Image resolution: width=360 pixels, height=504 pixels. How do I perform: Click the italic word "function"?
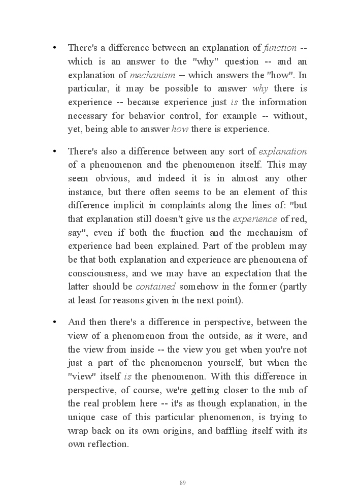pos(280,48)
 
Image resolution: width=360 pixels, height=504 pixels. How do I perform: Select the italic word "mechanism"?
pos(152,75)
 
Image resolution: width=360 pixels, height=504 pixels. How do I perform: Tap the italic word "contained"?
pos(155,287)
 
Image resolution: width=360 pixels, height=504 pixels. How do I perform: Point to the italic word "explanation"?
pos(282,151)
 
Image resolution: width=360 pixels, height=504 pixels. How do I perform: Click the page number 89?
pos(183,483)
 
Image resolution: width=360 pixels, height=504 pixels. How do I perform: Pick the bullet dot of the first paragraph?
pos(54,48)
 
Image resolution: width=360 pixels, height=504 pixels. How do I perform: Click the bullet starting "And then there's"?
pos(54,323)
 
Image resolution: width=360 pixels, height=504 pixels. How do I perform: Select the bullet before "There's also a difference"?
pos(54,151)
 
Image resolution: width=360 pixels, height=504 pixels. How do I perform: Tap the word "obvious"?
pos(112,178)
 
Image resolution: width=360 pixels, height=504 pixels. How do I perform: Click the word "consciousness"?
pos(96,273)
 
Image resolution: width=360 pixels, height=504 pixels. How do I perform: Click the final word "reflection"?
pos(107,444)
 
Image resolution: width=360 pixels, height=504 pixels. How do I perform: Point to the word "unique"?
pos(81,417)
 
